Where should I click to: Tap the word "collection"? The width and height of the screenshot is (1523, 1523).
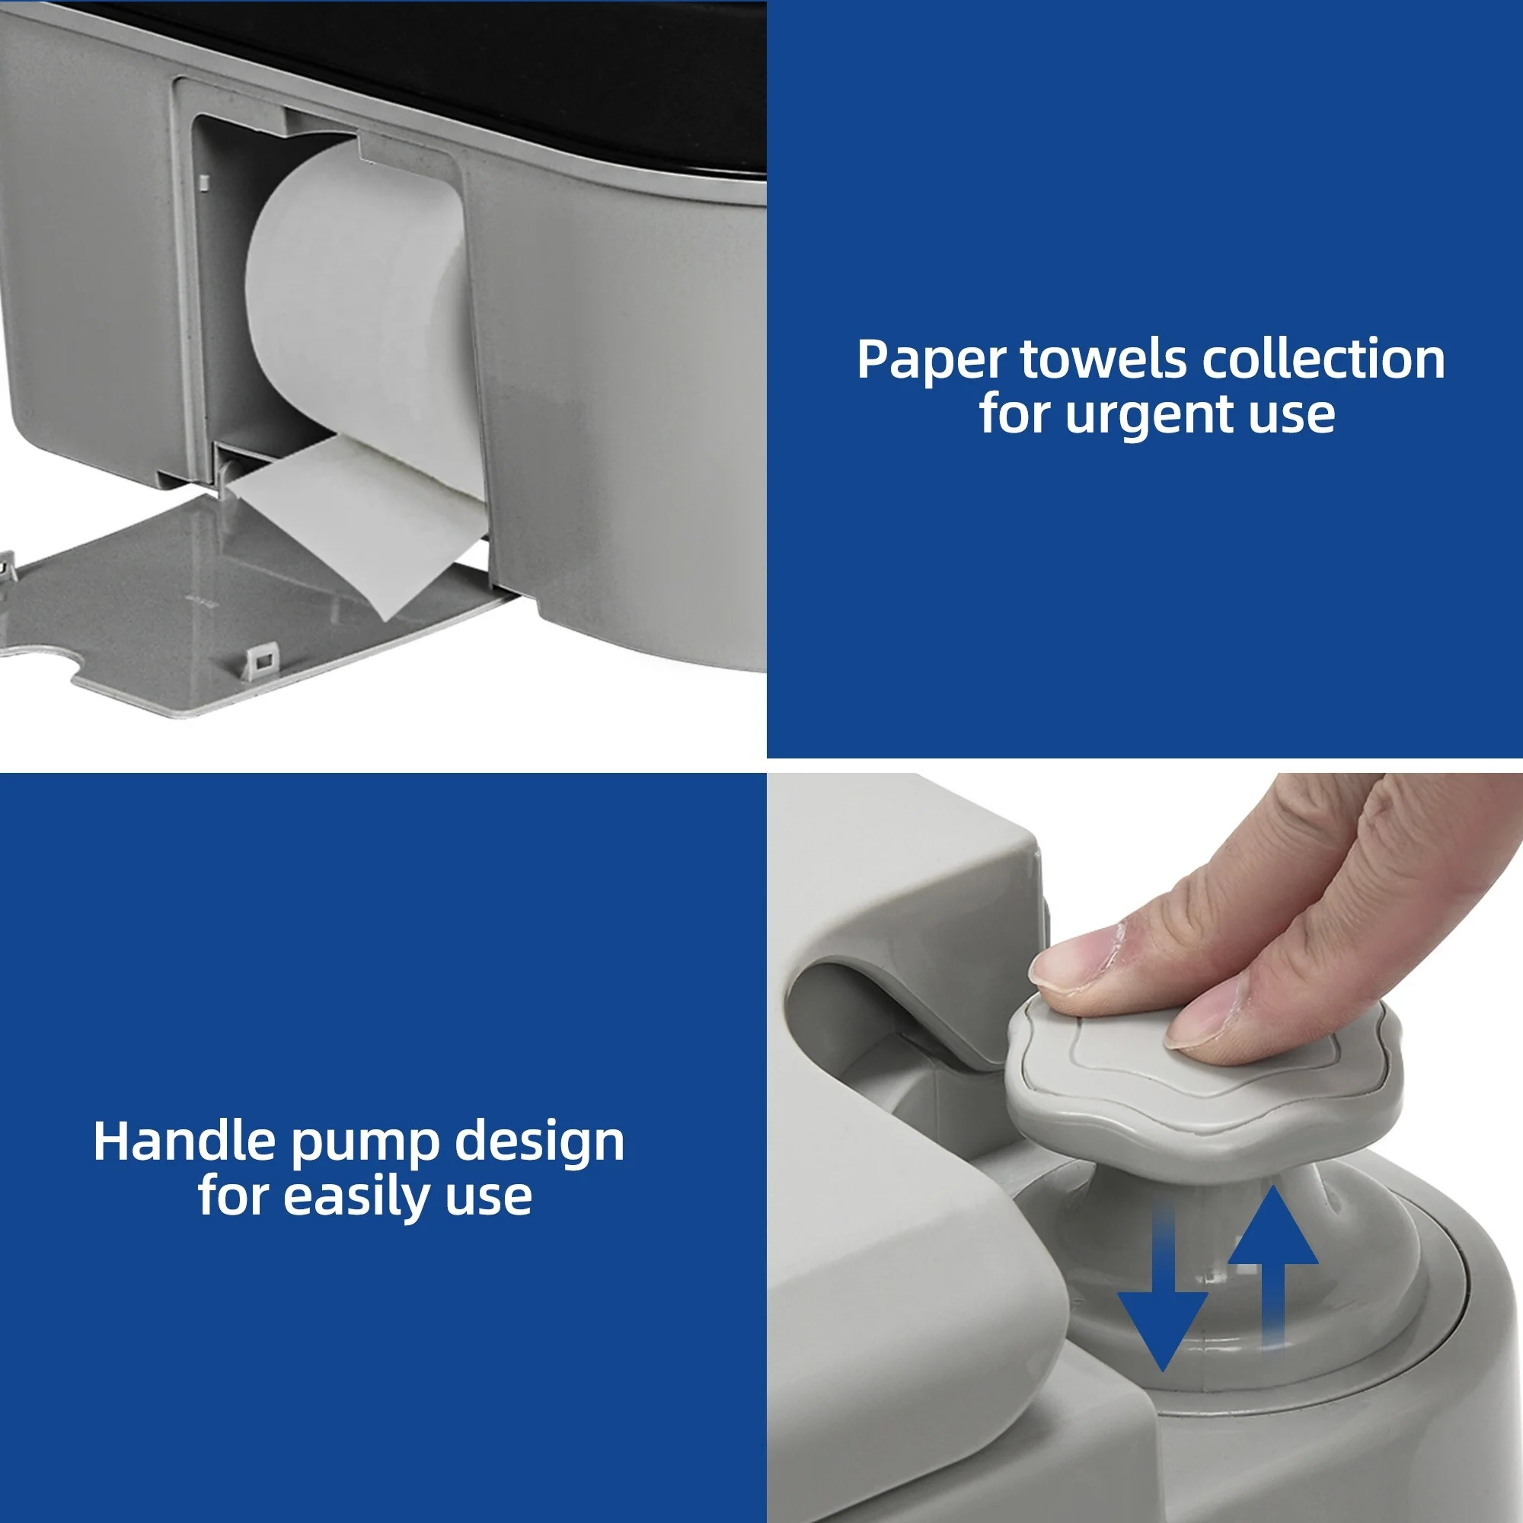[1324, 359]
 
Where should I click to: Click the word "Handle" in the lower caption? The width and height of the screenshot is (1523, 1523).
[184, 1141]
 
